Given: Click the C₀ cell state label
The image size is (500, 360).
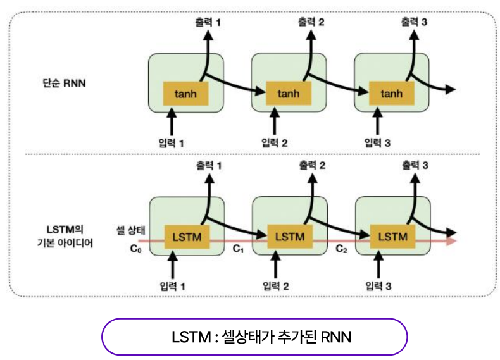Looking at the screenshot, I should [x=135, y=249].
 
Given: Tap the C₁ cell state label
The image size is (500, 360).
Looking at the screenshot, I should [x=238, y=249].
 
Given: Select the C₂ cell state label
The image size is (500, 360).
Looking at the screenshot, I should [x=341, y=249].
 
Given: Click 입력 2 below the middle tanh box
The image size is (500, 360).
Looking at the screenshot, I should [x=275, y=142].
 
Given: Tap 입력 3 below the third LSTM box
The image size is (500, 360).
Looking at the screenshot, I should [x=378, y=286].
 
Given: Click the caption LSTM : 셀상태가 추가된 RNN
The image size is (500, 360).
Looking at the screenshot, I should [x=253, y=336].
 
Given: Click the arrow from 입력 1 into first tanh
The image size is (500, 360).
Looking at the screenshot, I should [x=171, y=120].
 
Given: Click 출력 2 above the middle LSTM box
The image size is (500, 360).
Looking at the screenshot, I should [x=312, y=166].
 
